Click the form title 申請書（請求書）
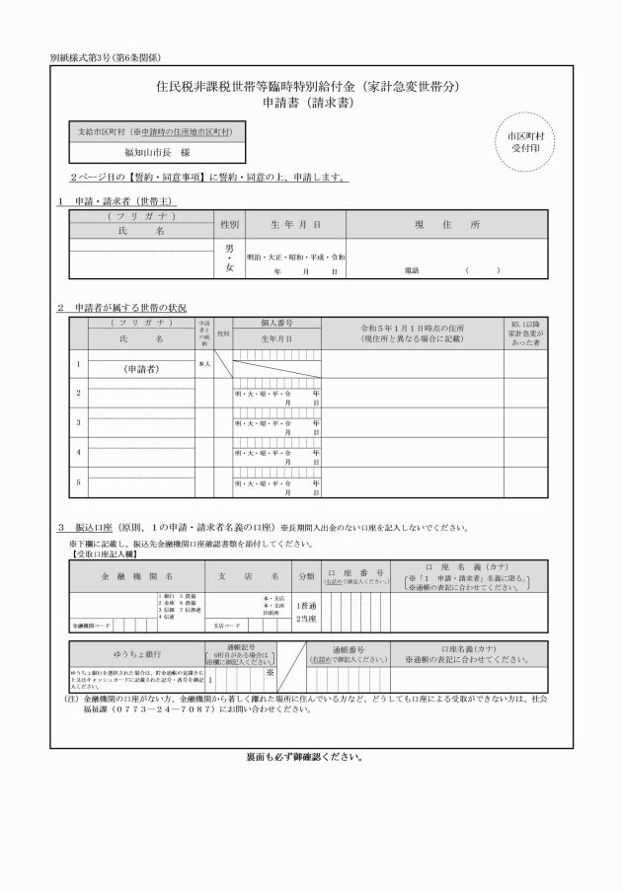point(309,103)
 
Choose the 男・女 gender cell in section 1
point(229,258)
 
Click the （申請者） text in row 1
point(142,369)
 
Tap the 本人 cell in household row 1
point(204,363)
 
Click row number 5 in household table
point(78,482)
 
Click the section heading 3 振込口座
point(102,527)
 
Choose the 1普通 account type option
point(305,605)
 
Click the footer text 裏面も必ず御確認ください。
point(310,758)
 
